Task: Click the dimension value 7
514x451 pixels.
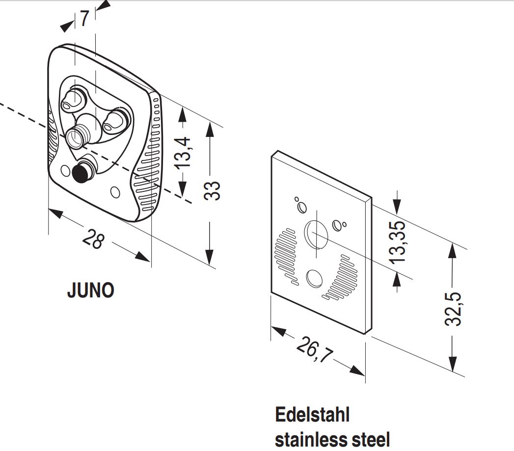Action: (84, 19)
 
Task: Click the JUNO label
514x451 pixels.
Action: (90, 291)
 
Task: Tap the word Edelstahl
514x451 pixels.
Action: (312, 414)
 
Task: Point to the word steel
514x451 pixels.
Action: (369, 438)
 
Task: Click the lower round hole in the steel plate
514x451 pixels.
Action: (313, 278)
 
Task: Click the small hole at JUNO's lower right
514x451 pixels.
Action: (115, 192)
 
